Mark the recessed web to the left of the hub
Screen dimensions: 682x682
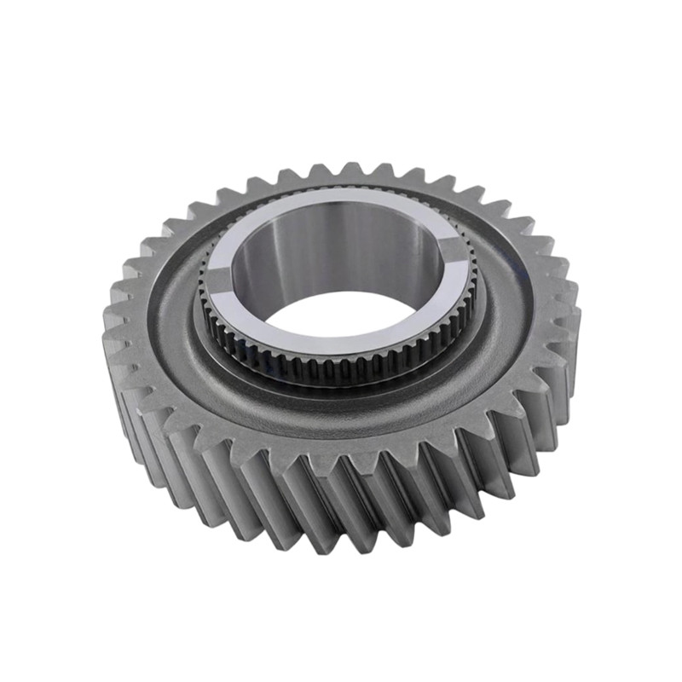click(x=175, y=315)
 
